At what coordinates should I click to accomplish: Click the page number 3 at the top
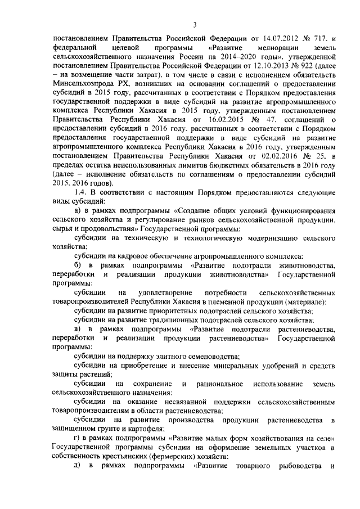(x=194, y=24)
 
